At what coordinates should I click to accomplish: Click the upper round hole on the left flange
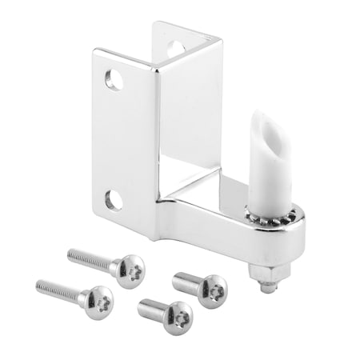pos(114,79)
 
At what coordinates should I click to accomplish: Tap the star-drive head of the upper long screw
pos(129,269)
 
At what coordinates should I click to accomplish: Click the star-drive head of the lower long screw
pos(98,301)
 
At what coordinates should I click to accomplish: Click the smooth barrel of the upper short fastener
pos(186,281)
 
